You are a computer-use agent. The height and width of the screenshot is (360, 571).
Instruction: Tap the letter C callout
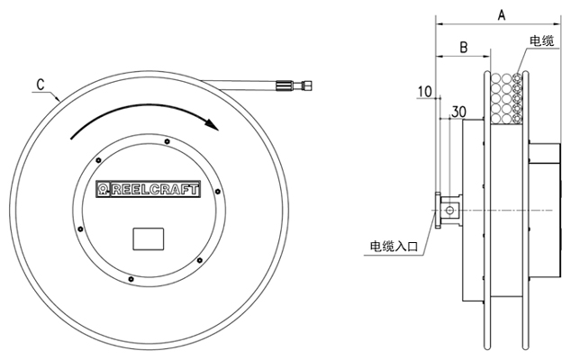point(41,84)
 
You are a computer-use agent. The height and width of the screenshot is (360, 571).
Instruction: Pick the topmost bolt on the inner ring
point(168,139)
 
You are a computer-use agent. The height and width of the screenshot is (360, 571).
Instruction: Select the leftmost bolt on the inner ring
point(80,229)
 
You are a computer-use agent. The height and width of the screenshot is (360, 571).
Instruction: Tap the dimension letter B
point(461,47)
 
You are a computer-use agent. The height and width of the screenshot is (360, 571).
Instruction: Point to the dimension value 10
point(426,92)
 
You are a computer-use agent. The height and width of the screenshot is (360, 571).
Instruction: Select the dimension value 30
point(458,112)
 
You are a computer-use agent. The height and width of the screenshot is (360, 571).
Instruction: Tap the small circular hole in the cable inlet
point(448,211)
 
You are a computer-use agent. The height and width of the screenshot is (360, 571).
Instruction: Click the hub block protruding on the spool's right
point(543,179)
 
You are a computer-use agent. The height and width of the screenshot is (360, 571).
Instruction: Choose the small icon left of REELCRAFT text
point(104,189)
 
